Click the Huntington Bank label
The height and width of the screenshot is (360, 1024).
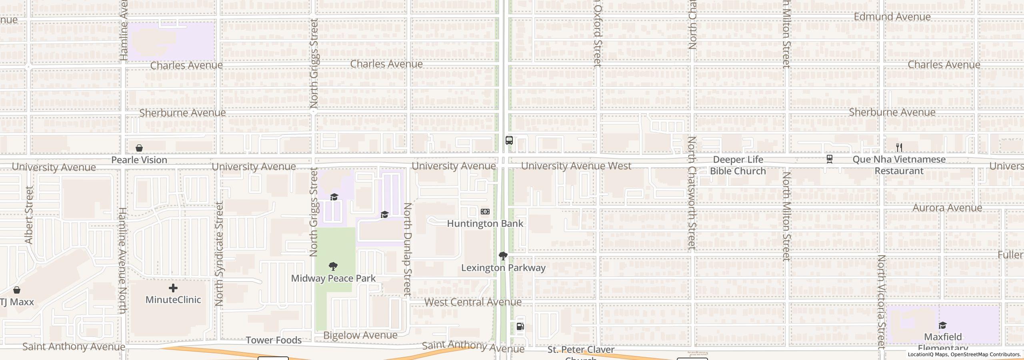click(485, 223)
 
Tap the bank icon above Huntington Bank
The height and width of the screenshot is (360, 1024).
click(485, 212)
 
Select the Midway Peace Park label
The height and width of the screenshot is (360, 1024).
click(333, 278)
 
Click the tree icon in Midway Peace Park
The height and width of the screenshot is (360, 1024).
click(333, 266)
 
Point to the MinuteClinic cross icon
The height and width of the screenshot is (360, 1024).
click(173, 288)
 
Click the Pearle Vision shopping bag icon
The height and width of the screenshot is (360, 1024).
click(139, 148)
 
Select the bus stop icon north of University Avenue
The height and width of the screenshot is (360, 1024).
click(509, 140)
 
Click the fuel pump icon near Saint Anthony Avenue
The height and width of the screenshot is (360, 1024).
click(520, 326)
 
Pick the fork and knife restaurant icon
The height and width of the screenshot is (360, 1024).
click(899, 148)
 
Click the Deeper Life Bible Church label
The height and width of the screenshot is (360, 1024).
click(738, 165)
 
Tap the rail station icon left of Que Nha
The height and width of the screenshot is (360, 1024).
click(830, 159)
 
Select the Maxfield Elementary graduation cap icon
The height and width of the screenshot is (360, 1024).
click(942, 325)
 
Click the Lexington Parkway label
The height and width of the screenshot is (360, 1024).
click(503, 268)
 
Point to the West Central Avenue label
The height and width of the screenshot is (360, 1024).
click(473, 302)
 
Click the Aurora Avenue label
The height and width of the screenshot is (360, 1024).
click(947, 208)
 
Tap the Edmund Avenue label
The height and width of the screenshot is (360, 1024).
click(892, 17)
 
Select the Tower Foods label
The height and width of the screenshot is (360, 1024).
click(274, 340)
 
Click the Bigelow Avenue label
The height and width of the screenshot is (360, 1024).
click(360, 335)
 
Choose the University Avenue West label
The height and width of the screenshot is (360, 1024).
click(576, 166)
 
